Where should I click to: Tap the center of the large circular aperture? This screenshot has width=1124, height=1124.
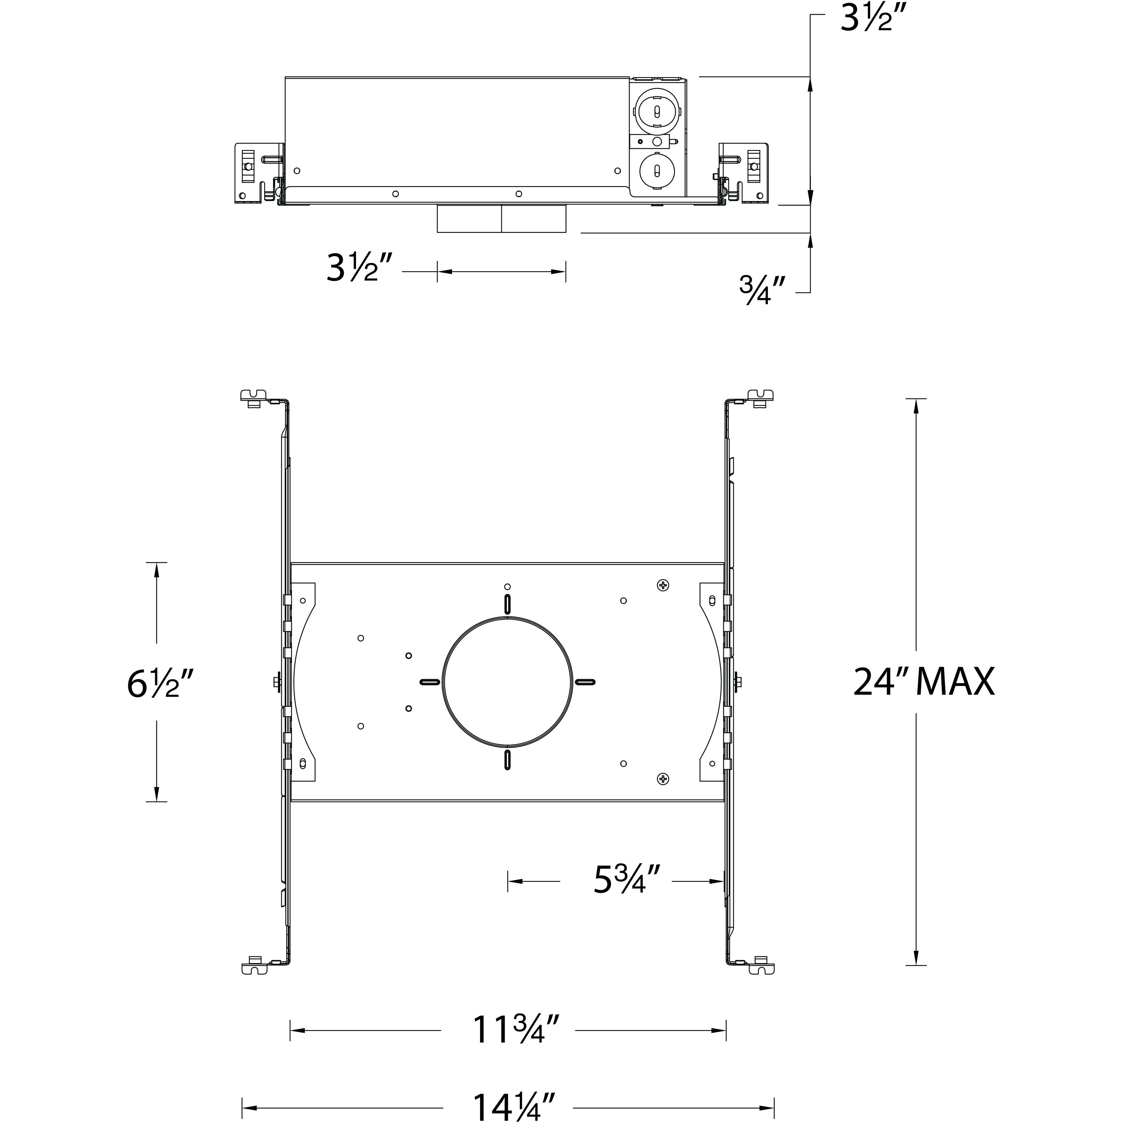pos(507,682)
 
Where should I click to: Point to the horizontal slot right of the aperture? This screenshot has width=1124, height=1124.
pos(585,681)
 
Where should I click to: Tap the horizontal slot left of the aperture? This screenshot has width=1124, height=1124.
pos(429,681)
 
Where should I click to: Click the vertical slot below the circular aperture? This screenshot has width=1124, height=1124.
pos(507,760)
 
